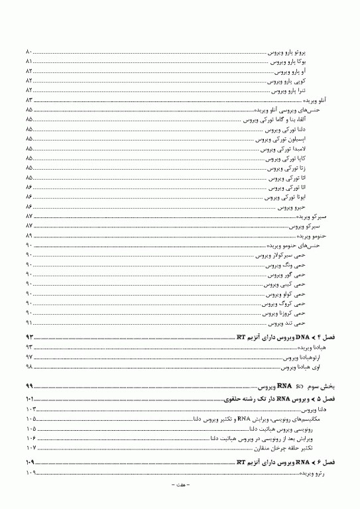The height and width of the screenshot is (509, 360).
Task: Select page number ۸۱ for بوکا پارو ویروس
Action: [x=29, y=61]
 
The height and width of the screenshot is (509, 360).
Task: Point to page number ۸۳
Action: [x=29, y=99]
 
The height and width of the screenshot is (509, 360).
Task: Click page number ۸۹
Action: [x=29, y=235]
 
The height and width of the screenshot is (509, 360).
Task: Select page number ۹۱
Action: [x=29, y=323]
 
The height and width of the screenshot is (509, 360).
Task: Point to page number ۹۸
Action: [x=29, y=366]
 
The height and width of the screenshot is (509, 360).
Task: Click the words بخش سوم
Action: [x=322, y=386]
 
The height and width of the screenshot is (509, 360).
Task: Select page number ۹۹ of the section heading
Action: [x=29, y=386]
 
